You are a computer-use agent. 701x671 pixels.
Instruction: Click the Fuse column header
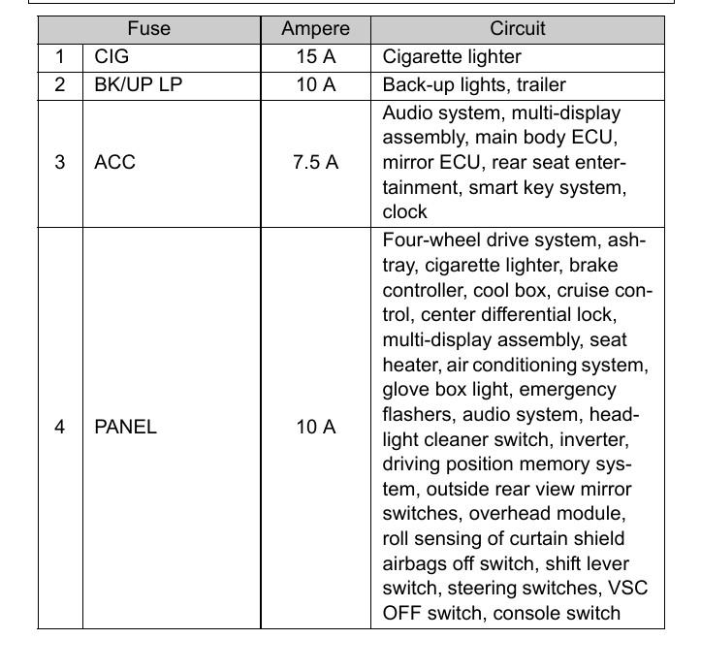(149, 29)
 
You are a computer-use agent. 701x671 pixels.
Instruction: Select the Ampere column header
(315, 29)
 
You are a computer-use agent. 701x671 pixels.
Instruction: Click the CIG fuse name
(112, 57)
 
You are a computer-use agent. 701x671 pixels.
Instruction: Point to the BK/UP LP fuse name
(138, 84)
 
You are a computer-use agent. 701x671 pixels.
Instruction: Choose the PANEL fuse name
(125, 427)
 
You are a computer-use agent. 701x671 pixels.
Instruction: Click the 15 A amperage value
(315, 57)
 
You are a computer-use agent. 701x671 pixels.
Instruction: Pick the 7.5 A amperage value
(315, 162)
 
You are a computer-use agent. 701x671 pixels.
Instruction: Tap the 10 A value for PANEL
(315, 427)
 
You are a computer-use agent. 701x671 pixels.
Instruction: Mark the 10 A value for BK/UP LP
(315, 84)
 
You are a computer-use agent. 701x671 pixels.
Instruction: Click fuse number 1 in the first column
(60, 57)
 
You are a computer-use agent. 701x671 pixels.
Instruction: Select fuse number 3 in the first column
(60, 162)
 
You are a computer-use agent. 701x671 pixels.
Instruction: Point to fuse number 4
(60, 427)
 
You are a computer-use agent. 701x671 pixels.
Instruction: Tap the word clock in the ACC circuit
(405, 212)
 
